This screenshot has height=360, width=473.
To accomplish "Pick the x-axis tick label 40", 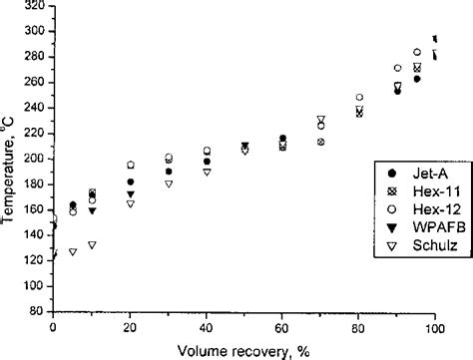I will pos(207,326).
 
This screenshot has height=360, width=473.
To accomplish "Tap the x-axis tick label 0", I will pos(54,326).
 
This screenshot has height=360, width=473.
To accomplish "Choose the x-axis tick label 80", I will pos(359,326).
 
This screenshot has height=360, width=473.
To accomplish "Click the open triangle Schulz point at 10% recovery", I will pos(92,244).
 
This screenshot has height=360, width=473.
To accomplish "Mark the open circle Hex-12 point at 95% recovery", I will pos(416,52).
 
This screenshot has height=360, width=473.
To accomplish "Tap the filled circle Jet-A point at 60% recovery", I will pos(282,139).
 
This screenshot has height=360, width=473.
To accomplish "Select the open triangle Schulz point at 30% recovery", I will pos(169,184).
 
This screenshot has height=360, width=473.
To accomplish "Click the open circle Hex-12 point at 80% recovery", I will pos(359,98).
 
